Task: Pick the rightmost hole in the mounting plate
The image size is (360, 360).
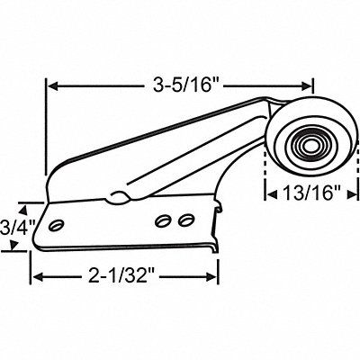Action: pyautogui.click(x=184, y=219)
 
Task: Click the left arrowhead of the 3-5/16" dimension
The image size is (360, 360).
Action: pyautogui.click(x=52, y=86)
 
